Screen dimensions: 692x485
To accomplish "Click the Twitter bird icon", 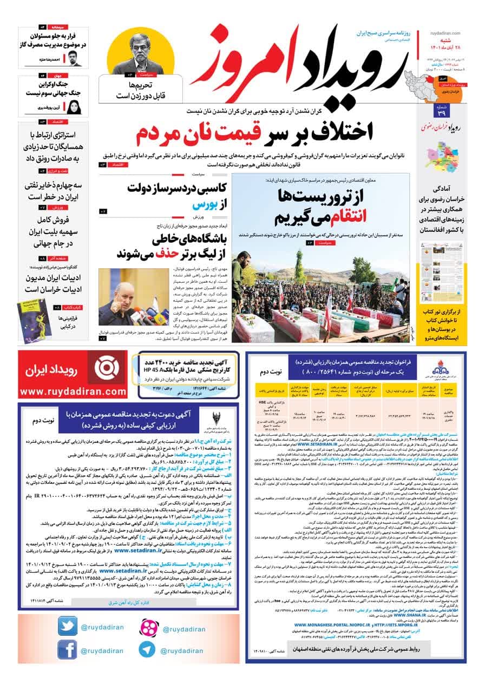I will pos(68,627).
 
